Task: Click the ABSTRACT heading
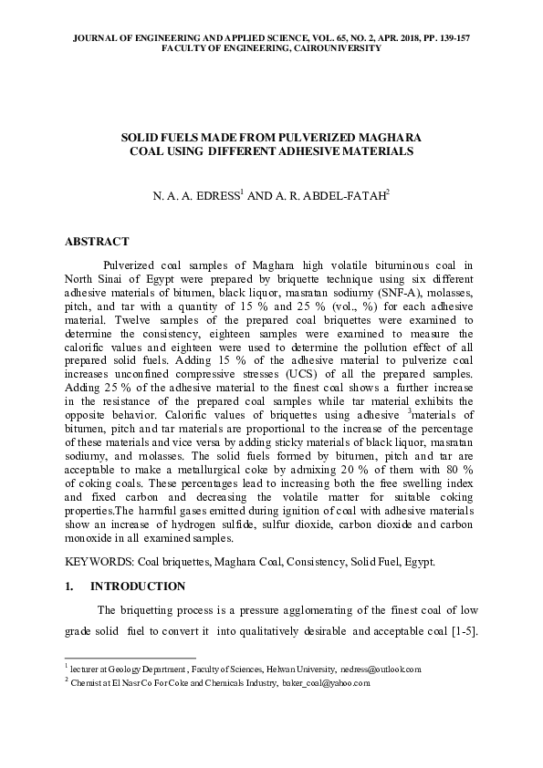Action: point(97,243)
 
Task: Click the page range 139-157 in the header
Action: point(454,37)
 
